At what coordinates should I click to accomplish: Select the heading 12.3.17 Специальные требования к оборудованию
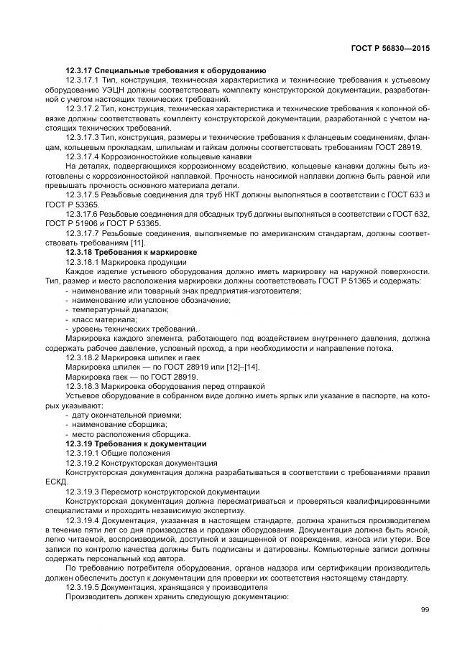(165, 70)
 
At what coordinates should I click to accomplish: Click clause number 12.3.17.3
(83, 136)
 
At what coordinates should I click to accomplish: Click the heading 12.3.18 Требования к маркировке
(131, 252)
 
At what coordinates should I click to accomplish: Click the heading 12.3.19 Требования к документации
(136, 444)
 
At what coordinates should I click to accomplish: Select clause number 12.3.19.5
(83, 587)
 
